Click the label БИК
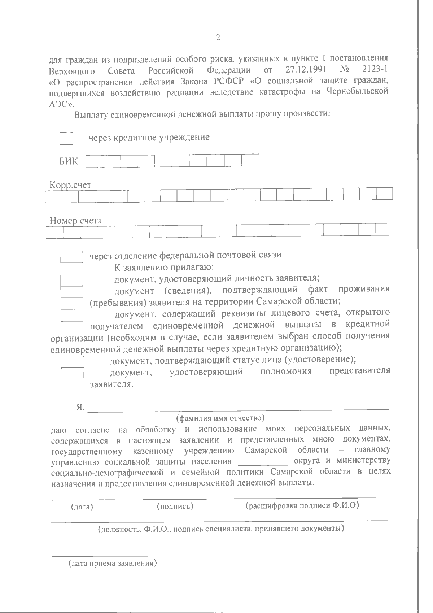pos(69,161)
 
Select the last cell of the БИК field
pos(251,160)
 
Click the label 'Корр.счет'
pos(70,185)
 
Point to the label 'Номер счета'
pos(76,220)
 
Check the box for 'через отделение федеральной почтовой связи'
pos(72,256)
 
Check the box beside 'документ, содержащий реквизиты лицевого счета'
pos(72,315)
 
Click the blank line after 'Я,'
pos(238,408)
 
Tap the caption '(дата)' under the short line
pos(82,507)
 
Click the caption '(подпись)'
pos(175,507)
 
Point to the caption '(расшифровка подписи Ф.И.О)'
pos(302,505)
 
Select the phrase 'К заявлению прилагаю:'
pos(164,268)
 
